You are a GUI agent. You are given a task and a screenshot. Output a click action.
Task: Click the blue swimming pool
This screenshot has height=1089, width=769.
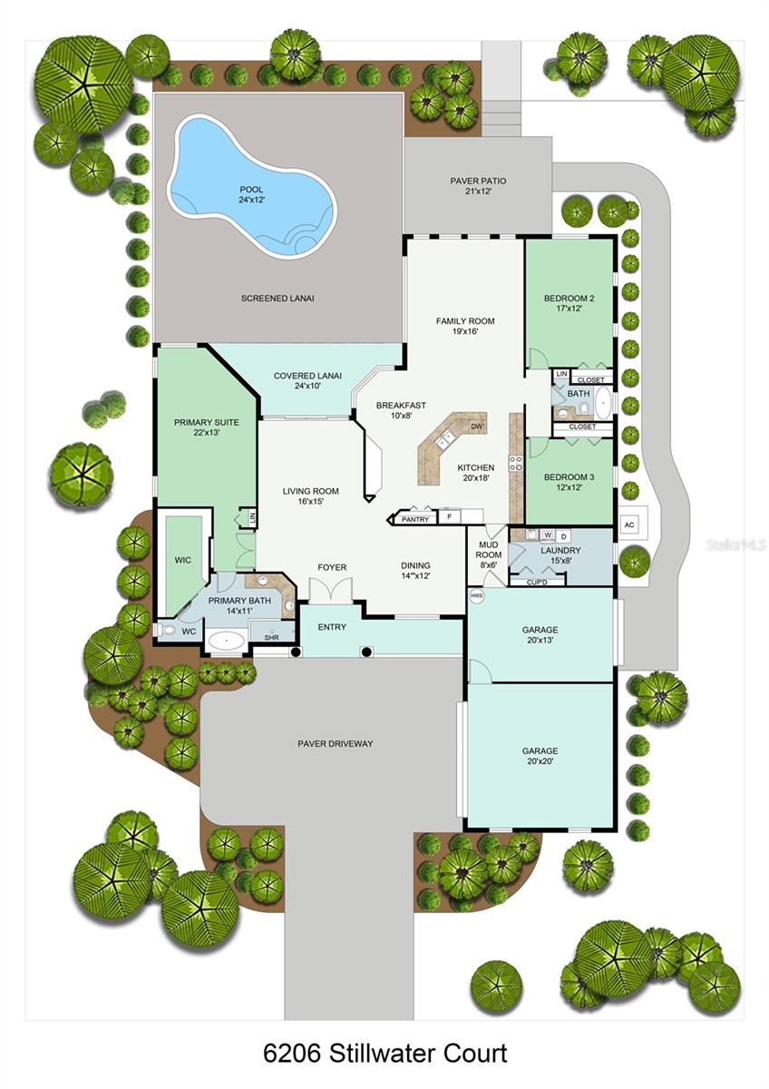coord(245,186)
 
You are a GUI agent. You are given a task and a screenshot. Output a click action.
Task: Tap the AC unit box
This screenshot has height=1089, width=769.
coord(628,525)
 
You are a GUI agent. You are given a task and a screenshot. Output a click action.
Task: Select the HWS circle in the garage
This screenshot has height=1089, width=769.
coord(476,596)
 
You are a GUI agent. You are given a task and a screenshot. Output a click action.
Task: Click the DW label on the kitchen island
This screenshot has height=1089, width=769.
coord(476,427)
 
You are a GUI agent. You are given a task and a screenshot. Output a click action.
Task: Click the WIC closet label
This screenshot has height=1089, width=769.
coord(182,560)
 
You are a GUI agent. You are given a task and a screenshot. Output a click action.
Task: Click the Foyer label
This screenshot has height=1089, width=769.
coord(332,568)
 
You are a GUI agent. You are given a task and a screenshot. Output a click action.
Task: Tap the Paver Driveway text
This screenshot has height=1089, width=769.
coord(336,744)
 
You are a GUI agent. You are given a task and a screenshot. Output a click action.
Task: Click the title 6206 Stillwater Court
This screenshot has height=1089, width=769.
coord(384,1054)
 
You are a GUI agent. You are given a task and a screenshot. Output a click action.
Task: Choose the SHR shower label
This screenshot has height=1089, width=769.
coord(271,638)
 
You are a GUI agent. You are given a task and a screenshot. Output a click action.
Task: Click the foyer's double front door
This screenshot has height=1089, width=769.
coord(330,590)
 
